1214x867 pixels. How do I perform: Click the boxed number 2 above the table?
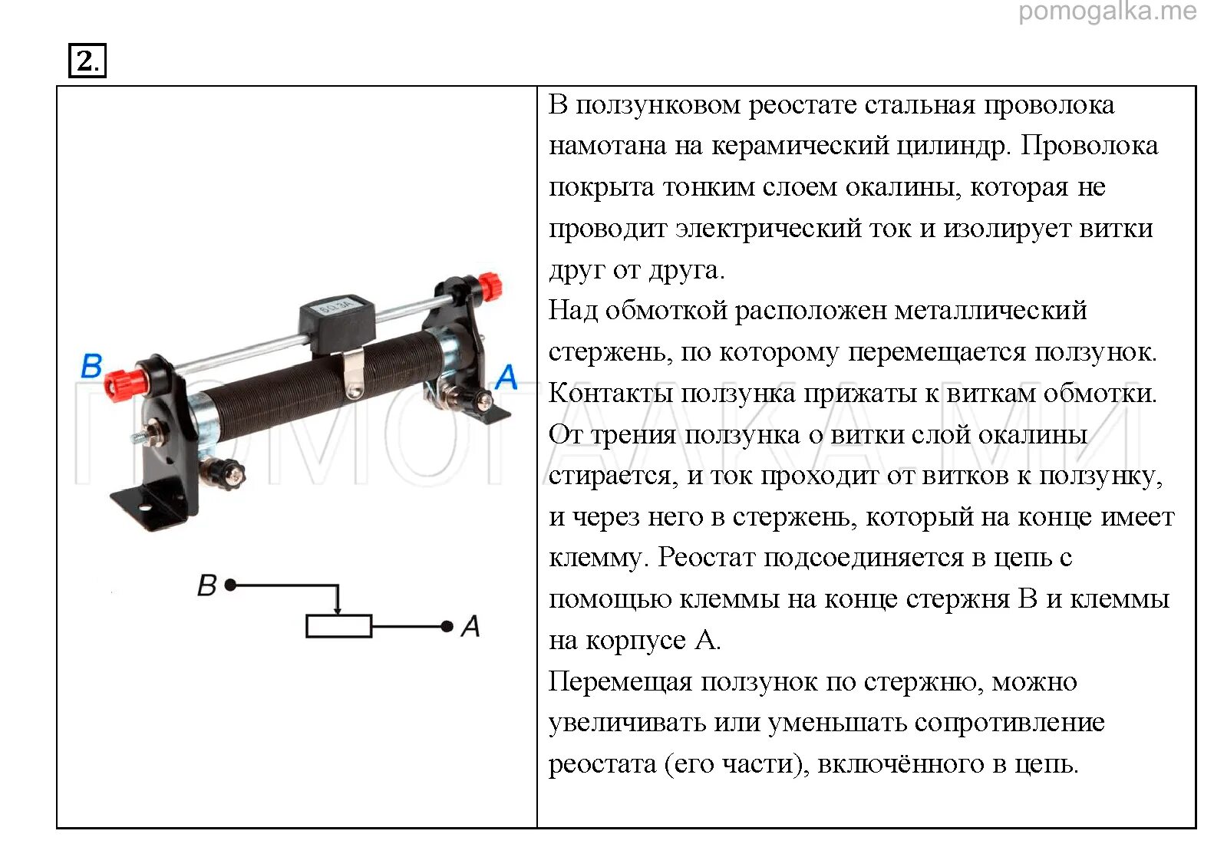(x=87, y=61)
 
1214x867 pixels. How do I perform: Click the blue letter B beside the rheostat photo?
(x=91, y=366)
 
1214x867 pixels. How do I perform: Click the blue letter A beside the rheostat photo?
(x=506, y=377)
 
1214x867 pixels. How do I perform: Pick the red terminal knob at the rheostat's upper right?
(x=488, y=287)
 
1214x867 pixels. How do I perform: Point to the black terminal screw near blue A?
(x=483, y=400)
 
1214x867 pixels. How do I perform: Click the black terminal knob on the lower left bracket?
(x=226, y=472)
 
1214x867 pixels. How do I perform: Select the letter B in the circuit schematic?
(x=207, y=585)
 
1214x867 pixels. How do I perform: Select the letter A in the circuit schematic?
(x=470, y=627)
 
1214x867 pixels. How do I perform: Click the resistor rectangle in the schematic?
(x=338, y=627)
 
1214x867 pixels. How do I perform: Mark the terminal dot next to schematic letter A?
(x=447, y=627)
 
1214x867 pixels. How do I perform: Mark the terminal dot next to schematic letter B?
(x=230, y=585)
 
